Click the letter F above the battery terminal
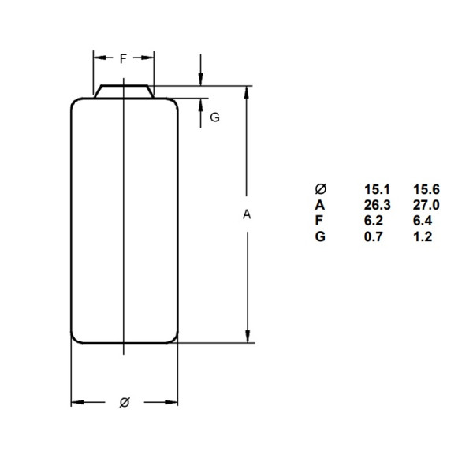[124, 58]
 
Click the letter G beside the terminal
[214, 117]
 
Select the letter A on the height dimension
[247, 214]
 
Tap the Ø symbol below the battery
[124, 402]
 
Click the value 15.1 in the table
[375, 189]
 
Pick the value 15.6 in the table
[426, 189]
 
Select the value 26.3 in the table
[375, 205]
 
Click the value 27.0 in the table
[426, 205]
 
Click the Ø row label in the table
[320, 189]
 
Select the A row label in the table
[319, 205]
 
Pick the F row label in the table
[319, 221]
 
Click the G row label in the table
[319, 236]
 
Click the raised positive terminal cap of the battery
[124, 90]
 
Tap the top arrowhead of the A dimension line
[248, 91]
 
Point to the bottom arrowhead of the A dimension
[248, 337]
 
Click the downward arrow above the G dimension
[202, 78]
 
